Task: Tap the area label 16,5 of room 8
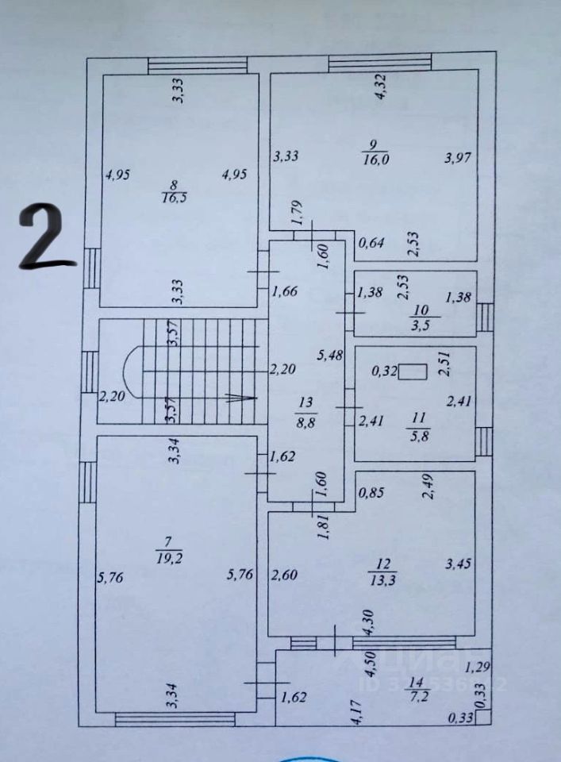174,198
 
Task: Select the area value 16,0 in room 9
372,159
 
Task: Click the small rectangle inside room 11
413,371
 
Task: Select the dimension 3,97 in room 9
459,157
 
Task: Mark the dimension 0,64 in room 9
370,243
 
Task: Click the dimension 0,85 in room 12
371,492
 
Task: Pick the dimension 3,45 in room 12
459,565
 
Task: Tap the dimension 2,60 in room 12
285,575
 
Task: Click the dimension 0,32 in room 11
386,369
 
